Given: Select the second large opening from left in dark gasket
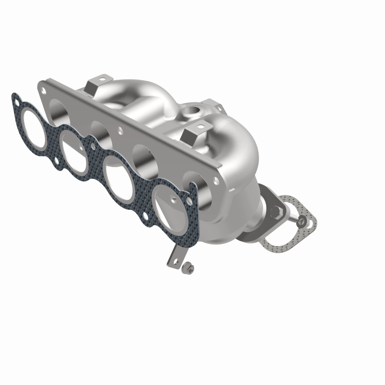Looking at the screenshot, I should point(75,146).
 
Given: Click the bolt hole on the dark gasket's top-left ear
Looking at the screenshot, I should point(17,102).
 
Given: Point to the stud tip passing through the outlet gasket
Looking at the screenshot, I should point(301,221).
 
